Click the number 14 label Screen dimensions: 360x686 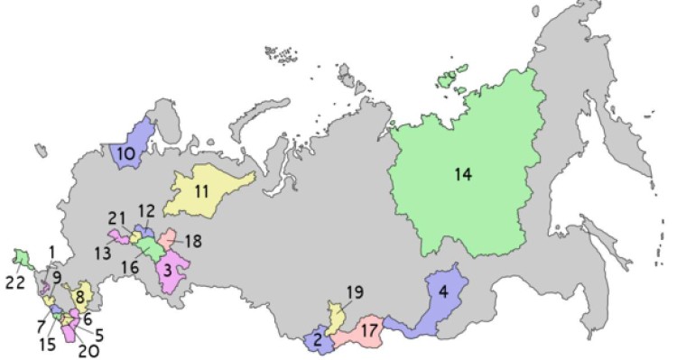463,174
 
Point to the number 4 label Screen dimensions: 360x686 442,291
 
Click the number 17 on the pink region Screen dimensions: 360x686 367,332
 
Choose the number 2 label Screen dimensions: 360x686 317,341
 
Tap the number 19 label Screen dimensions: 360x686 354,292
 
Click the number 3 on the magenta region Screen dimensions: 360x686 169,268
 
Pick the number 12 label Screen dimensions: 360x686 146,211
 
